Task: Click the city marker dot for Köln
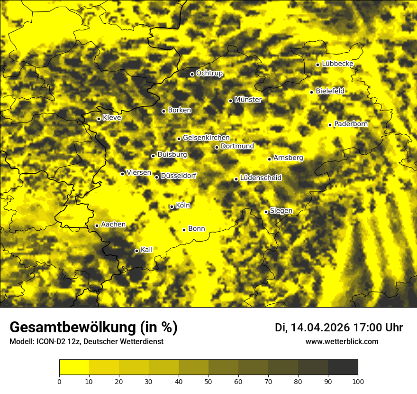pyautogui.click(x=172, y=206)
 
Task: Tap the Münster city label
pyautogui.click(x=248, y=100)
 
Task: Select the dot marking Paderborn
pyautogui.click(x=330, y=125)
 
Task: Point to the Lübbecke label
pyautogui.click(x=337, y=64)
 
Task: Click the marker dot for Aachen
pyautogui.click(x=97, y=225)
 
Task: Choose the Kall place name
pyautogui.click(x=146, y=250)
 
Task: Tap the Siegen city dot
pyautogui.click(x=266, y=212)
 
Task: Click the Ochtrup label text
pyautogui.click(x=209, y=73)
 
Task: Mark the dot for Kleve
pyautogui.click(x=99, y=119)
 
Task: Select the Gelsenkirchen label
pyautogui.click(x=206, y=138)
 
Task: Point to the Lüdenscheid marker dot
pyautogui.click(x=236, y=179)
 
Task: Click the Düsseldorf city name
pyautogui.click(x=179, y=176)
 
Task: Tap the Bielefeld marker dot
pyautogui.click(x=311, y=92)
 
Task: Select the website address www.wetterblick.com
pyautogui.click(x=342, y=341)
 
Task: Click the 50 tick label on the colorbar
pyautogui.click(x=208, y=381)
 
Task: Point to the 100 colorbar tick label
pyautogui.click(x=358, y=381)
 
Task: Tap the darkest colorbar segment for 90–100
pyautogui.click(x=343, y=367)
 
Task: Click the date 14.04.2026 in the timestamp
pyautogui.click(x=320, y=328)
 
